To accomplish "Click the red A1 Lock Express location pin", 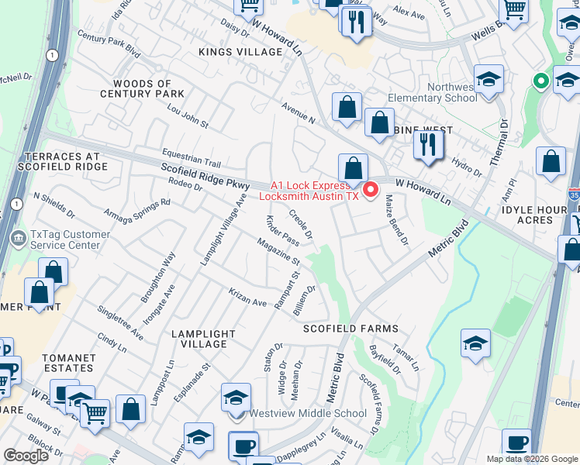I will (370, 188).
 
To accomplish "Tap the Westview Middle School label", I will (307, 413).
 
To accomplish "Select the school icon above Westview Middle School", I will (236, 399).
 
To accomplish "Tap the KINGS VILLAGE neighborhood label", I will (240, 52).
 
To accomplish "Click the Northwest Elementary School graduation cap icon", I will (489, 81).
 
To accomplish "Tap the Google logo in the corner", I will (26, 456).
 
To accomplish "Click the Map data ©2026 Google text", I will (531, 459).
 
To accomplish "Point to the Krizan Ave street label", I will (247, 298).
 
